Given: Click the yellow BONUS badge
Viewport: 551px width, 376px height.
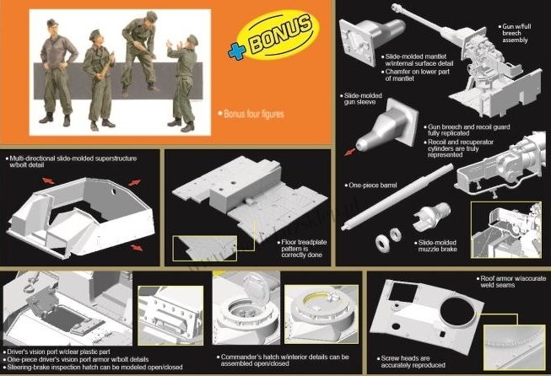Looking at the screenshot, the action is coord(278,34).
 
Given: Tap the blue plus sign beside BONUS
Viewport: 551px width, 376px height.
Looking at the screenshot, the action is coord(236,52).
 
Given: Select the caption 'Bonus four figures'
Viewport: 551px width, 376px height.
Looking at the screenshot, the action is coord(253,114).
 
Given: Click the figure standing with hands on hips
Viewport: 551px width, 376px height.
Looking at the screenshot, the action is coord(57,72).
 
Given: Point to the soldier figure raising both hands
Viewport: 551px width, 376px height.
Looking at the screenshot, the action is coord(183,83).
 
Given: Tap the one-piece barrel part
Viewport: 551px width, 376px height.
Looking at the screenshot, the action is coord(397,196).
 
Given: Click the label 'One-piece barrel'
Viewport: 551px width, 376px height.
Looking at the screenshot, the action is coord(373,185).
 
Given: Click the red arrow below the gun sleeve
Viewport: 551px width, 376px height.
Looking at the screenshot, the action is coord(349,152).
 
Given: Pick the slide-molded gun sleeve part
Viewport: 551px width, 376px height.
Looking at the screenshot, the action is coord(387,126).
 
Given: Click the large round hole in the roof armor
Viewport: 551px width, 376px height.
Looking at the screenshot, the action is coord(457,312).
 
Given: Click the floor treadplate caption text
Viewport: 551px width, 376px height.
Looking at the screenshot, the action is coord(304,249).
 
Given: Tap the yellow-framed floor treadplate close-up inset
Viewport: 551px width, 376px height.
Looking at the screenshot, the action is coord(205,248).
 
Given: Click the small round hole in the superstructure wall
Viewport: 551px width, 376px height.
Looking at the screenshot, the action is coord(114,191).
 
